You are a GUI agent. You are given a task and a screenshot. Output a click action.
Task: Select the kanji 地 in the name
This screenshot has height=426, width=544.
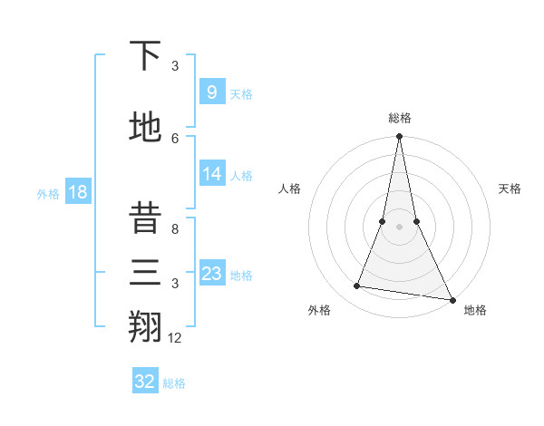145,127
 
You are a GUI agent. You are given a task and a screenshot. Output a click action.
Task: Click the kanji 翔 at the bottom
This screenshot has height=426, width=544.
145,327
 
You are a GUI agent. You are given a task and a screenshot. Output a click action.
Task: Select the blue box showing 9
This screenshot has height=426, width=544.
211,92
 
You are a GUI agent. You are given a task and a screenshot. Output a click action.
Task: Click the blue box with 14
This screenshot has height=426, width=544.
211,174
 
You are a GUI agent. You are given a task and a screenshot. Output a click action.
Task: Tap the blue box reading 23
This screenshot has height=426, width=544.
211,274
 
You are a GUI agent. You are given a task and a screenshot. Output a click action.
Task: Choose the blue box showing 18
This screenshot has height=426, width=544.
77,192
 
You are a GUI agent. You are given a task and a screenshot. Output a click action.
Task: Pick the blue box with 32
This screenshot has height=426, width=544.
145,382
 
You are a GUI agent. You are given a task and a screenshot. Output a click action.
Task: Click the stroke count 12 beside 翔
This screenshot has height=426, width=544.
175,338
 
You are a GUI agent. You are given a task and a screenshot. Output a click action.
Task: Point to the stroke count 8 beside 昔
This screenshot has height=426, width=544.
175,229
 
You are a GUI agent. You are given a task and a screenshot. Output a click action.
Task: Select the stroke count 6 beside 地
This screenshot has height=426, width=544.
175,138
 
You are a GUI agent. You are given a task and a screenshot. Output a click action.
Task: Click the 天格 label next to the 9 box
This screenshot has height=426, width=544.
241,93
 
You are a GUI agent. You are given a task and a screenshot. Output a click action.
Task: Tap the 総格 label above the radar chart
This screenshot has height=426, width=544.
399,118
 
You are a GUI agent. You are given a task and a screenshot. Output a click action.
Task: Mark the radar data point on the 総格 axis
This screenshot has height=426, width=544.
399,137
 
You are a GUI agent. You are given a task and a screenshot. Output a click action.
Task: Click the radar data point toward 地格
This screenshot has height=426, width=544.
452,299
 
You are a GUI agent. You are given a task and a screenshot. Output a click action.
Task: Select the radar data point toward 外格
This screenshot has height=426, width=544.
357,286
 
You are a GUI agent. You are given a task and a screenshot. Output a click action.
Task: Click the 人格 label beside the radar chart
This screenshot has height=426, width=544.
289,189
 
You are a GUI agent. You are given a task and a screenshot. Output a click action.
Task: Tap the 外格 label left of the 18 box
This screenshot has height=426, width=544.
47,193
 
